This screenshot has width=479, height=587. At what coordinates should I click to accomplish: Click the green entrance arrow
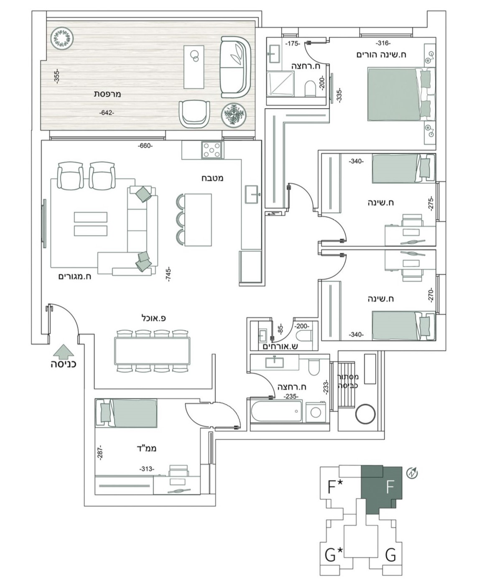63,351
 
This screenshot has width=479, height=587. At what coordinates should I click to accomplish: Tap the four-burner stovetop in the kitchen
212,150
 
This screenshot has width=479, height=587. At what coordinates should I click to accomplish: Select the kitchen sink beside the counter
253,194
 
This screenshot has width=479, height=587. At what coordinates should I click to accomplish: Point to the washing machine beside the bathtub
316,412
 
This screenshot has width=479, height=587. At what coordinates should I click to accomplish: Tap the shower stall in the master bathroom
280,84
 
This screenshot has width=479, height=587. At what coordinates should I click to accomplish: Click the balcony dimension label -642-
107,113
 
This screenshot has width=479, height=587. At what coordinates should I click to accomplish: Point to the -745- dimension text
168,274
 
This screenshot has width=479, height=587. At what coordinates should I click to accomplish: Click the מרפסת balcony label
107,94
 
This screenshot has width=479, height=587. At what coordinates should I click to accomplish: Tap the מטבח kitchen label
212,178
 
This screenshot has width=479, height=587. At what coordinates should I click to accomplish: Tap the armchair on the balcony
194,114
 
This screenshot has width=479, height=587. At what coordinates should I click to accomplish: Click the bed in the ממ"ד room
126,412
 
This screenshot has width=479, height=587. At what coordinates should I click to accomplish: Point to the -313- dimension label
146,469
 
